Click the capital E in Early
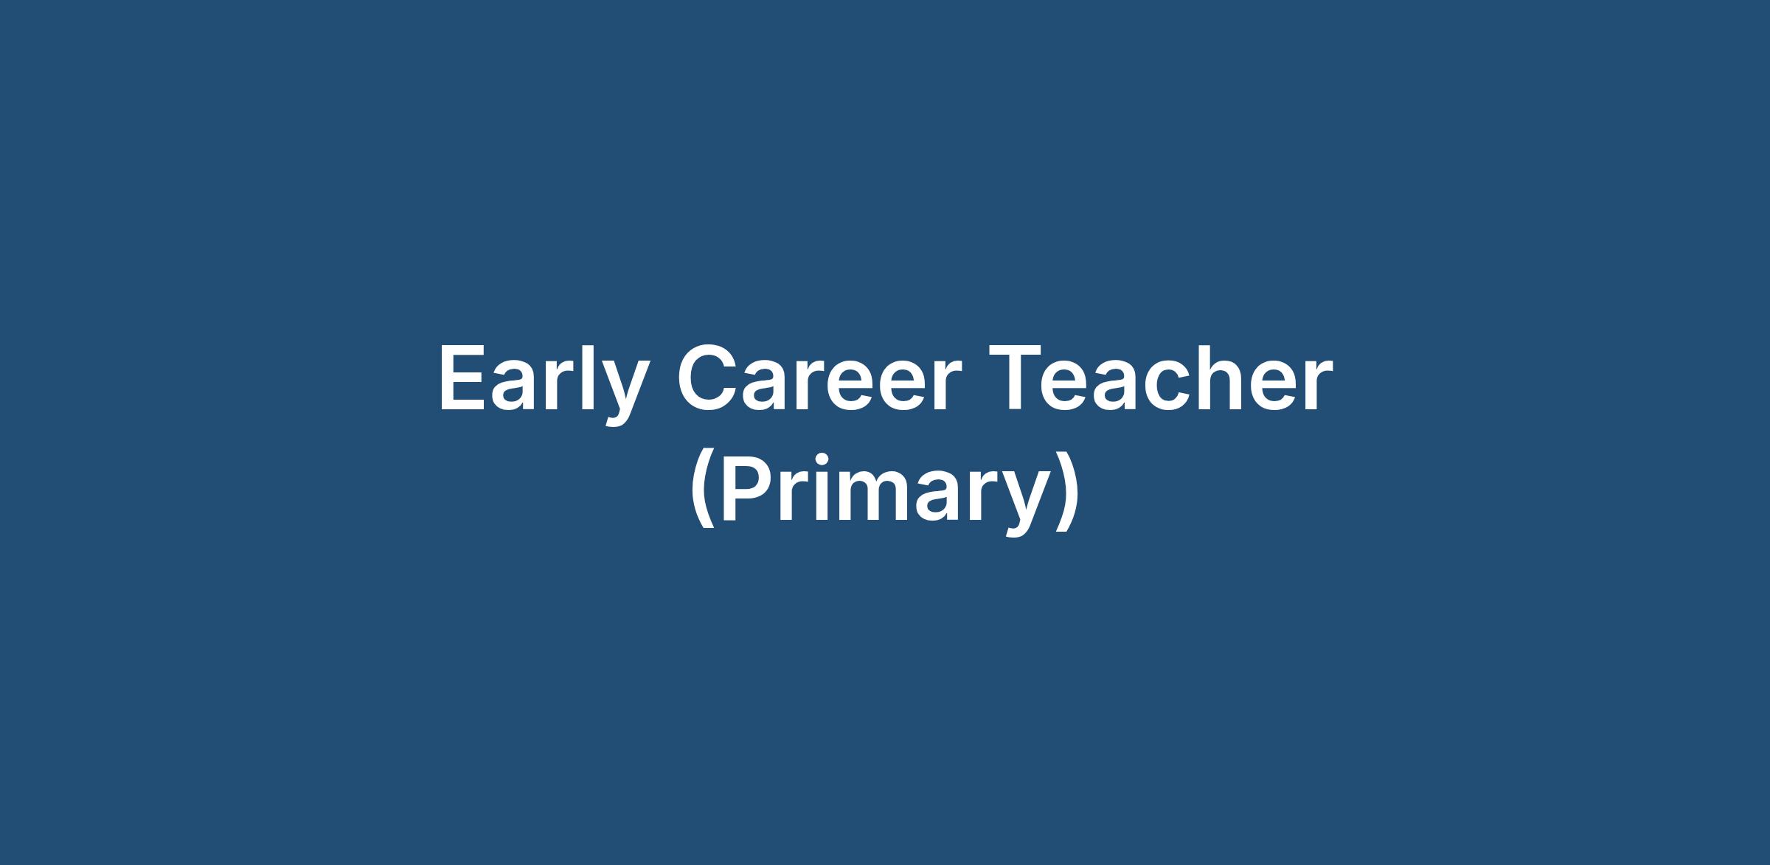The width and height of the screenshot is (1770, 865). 463,378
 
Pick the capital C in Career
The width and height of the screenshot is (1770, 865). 707,378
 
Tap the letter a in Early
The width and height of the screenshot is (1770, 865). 516,387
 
